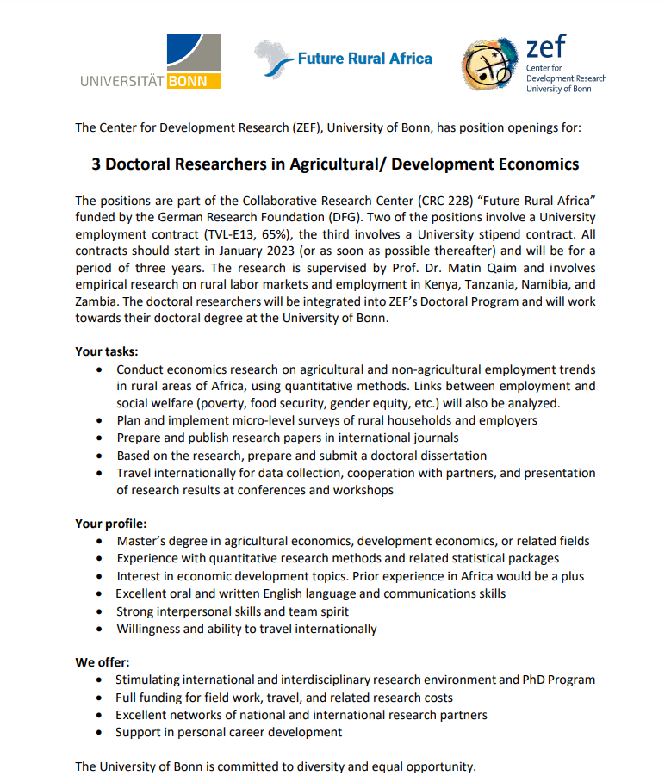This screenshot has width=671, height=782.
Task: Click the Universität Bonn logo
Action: [x=151, y=61]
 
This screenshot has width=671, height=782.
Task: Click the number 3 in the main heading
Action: [x=96, y=164]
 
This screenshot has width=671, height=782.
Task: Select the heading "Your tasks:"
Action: [x=106, y=351]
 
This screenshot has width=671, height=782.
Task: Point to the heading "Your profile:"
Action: [x=110, y=523]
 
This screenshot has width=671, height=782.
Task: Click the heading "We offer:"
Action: [x=103, y=662]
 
